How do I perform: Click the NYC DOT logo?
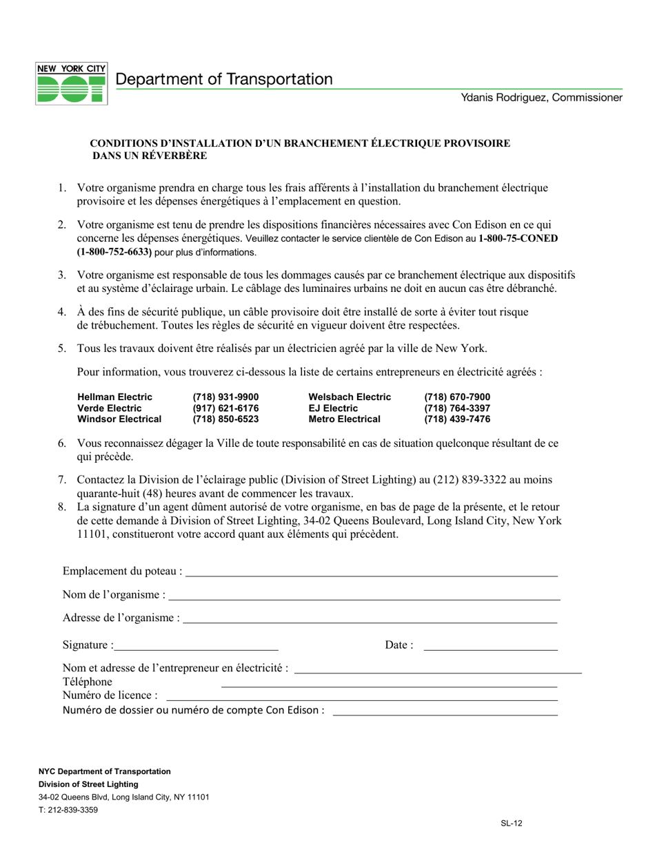point(71,83)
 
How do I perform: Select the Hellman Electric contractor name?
point(115,397)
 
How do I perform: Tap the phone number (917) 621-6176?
point(225,408)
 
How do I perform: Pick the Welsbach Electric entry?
point(350,397)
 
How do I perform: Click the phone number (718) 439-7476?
point(457,419)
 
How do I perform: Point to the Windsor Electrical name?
point(119,419)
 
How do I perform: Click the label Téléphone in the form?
point(88,682)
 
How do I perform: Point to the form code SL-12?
point(511,822)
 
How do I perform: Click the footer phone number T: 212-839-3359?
point(68,810)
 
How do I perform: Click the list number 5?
point(62,348)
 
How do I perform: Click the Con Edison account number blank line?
point(445,714)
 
